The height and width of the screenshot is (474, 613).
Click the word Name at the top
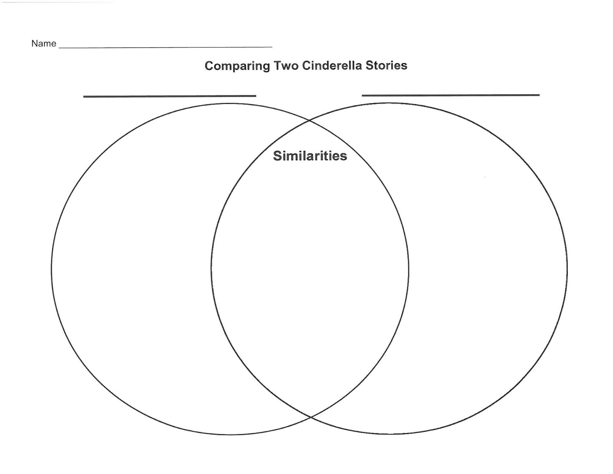[x=44, y=44]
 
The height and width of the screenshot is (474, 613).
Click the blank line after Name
[x=166, y=47]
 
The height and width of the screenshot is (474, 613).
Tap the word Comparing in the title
[x=237, y=66]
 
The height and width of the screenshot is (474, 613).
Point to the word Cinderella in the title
[x=332, y=66]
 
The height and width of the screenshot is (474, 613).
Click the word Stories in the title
[x=386, y=66]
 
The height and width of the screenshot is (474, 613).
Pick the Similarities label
[x=310, y=156]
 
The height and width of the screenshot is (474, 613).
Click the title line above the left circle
[x=169, y=96]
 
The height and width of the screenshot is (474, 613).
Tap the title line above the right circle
[x=451, y=95]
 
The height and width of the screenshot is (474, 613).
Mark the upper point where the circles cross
[x=310, y=121]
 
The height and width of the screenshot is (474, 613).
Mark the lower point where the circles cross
[x=311, y=416]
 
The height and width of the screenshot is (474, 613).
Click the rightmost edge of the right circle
[x=567, y=268]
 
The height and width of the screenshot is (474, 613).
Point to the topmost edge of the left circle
[x=230, y=103]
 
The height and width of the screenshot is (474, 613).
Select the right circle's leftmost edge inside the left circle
[x=211, y=268]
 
